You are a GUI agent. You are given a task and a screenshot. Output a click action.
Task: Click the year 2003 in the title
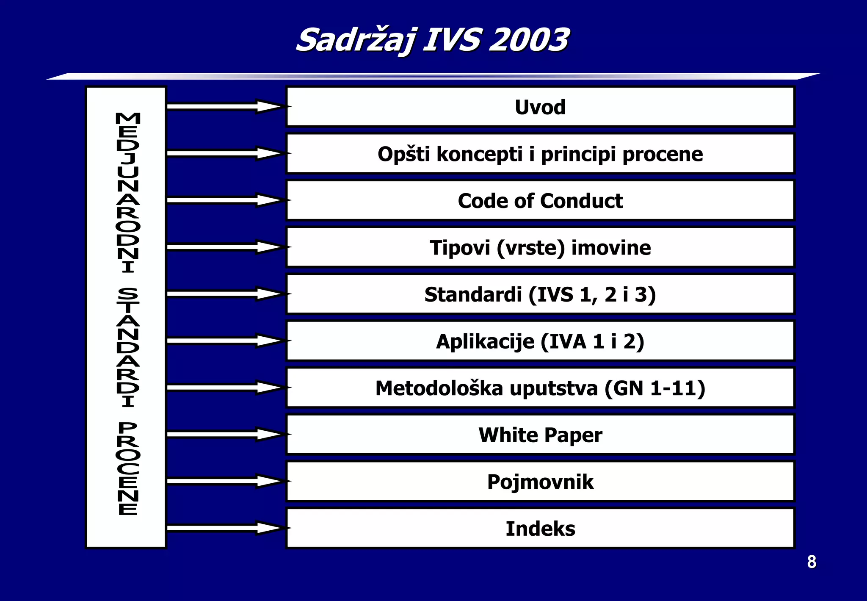(529, 40)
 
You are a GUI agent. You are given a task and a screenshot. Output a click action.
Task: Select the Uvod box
(540, 107)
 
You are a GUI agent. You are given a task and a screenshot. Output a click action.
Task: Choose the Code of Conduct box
(540, 201)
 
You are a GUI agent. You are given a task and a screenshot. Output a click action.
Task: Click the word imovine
(611, 248)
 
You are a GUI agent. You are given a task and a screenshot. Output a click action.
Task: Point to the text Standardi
(473, 294)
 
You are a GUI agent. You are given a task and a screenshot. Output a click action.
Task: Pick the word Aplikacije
(485, 341)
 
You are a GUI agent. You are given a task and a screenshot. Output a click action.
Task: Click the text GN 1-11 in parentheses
(654, 388)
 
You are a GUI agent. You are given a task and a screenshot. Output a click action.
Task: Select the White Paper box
(540, 435)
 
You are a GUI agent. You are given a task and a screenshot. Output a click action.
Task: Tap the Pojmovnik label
(540, 482)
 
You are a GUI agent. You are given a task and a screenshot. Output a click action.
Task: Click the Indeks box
(540, 529)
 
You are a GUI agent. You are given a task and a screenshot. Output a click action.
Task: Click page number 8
(811, 562)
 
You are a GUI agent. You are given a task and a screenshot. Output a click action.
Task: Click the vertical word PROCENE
(127, 468)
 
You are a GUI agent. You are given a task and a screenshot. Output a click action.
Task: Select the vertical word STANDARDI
(127, 347)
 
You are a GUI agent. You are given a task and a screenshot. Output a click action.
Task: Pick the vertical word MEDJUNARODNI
(127, 193)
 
